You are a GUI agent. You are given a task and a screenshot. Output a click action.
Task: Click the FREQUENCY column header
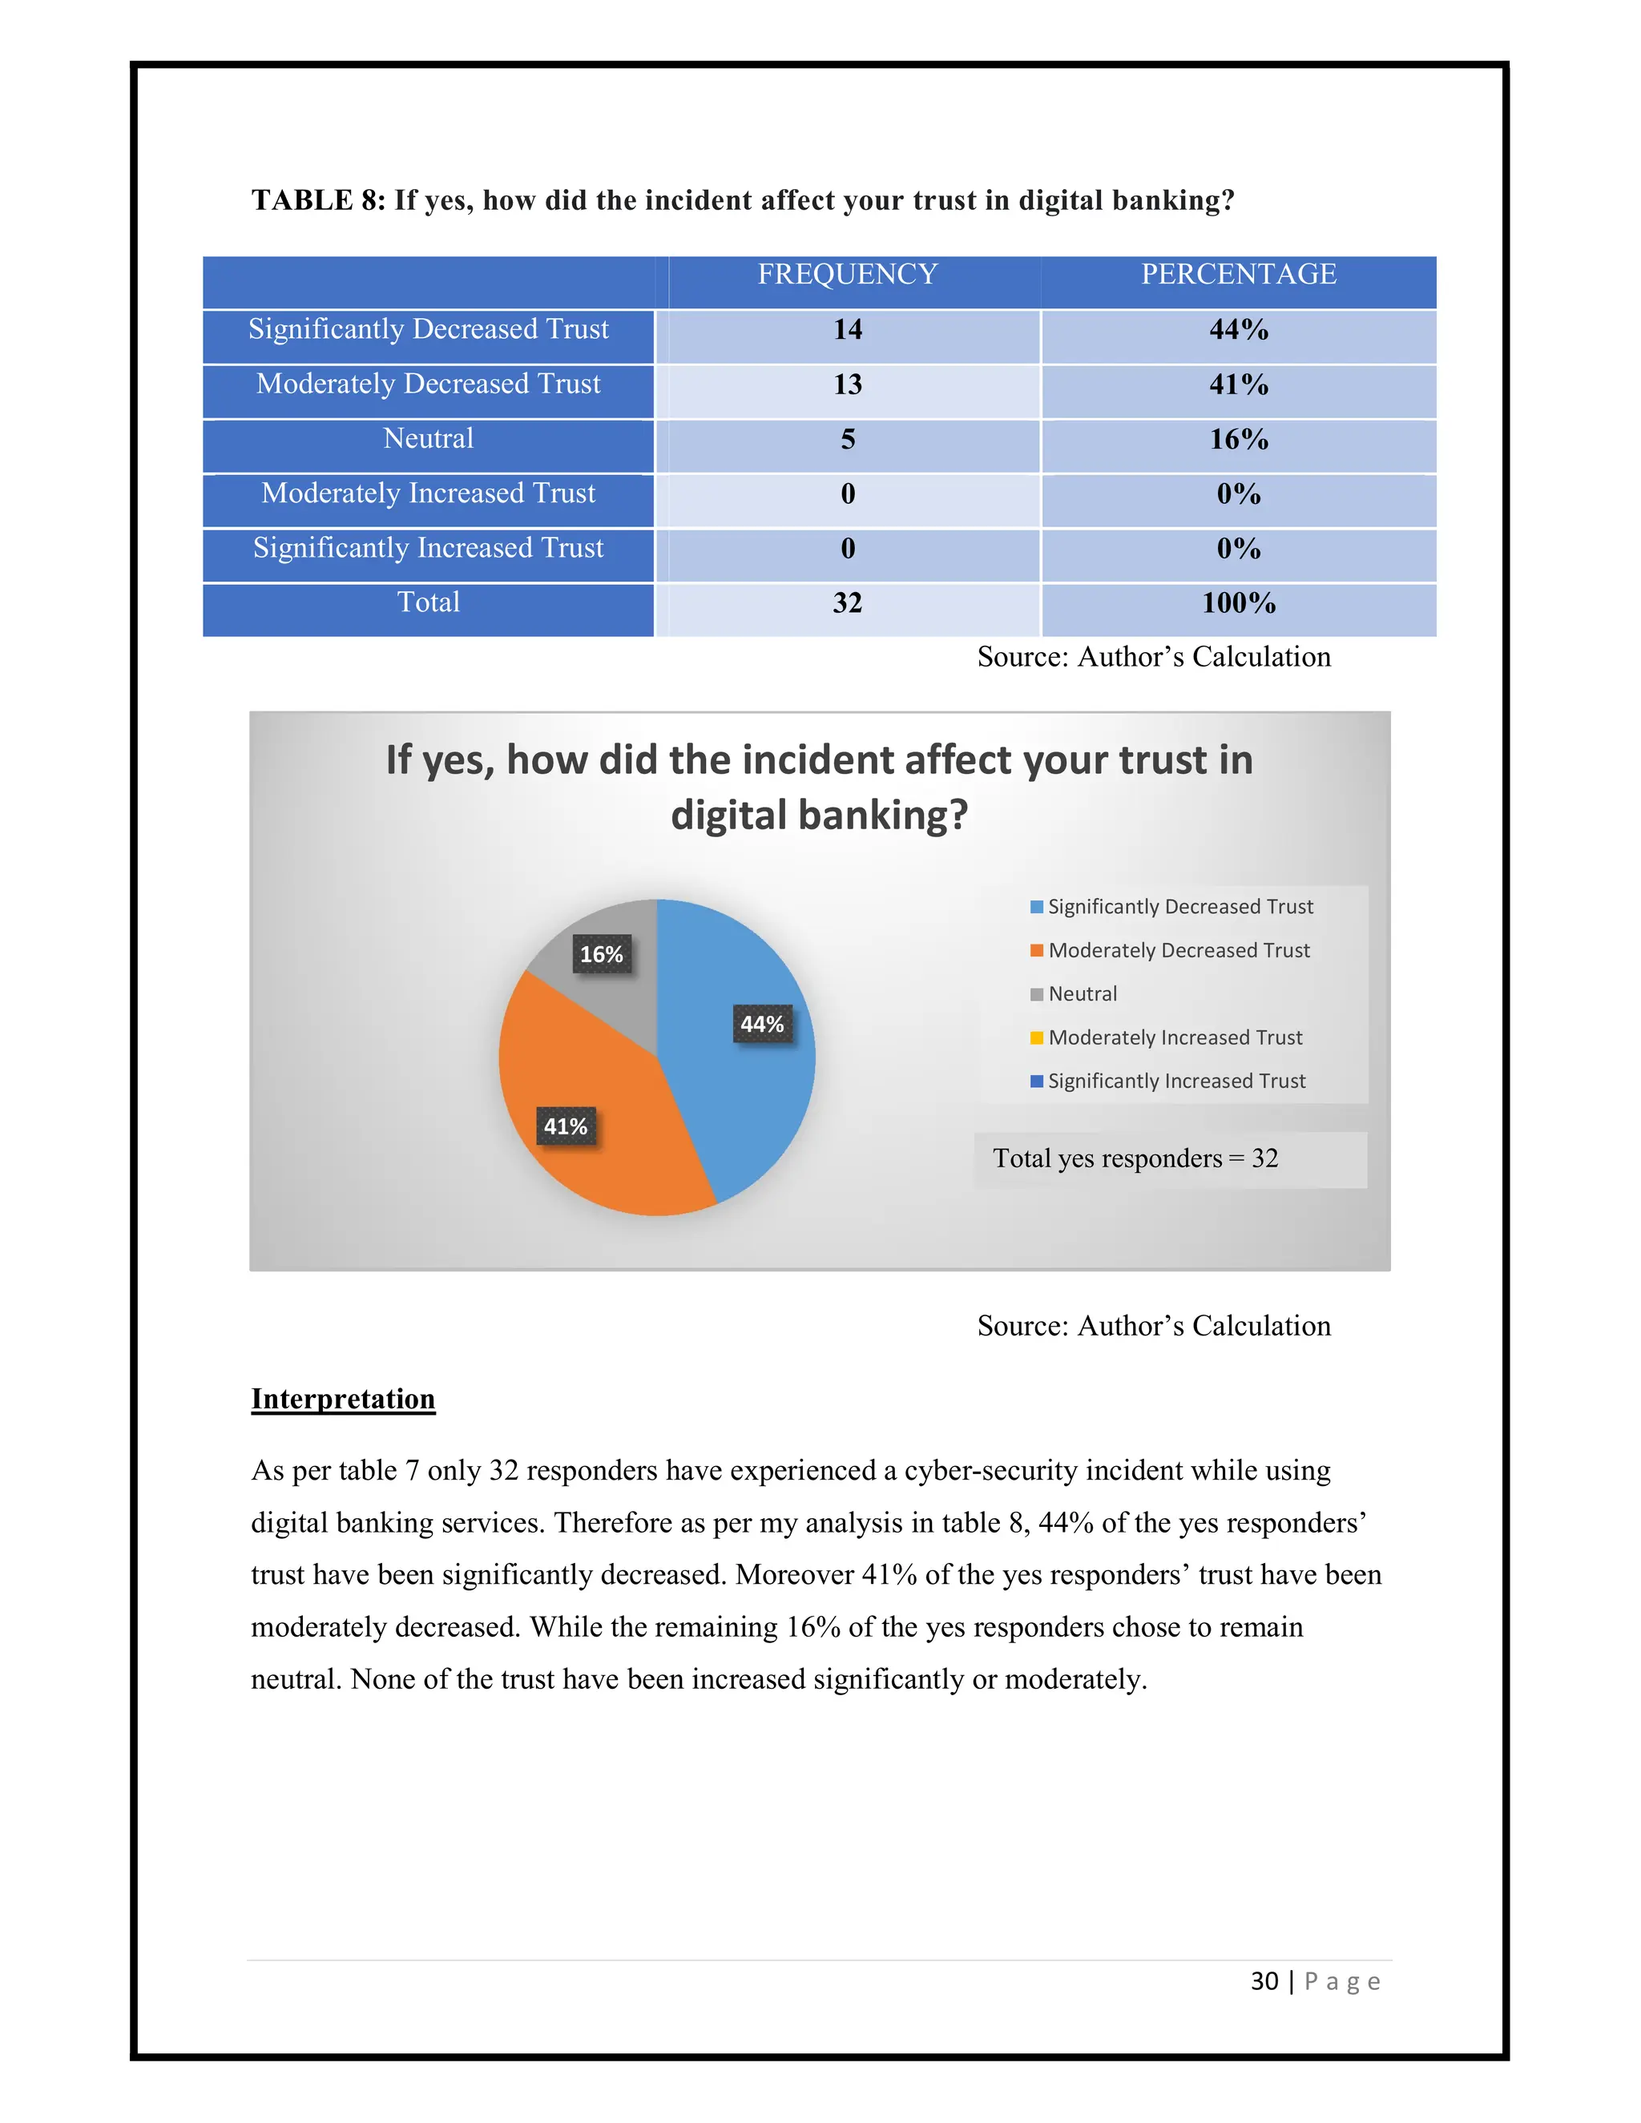(x=847, y=275)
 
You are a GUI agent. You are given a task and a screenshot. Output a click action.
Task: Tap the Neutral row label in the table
(x=428, y=439)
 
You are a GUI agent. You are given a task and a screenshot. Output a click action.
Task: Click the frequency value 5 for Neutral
(x=847, y=439)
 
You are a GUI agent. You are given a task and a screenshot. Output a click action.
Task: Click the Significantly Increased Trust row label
(x=428, y=548)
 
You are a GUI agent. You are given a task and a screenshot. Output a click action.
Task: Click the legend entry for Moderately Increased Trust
(x=1175, y=1038)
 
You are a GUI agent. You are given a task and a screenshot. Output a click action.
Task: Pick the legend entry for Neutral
(x=1082, y=994)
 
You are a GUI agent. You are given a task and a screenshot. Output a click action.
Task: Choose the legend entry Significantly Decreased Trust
(x=1179, y=907)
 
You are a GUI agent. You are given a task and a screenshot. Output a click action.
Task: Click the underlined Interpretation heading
(x=342, y=1400)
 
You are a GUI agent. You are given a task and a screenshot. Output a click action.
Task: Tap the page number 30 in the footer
(x=1264, y=1982)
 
